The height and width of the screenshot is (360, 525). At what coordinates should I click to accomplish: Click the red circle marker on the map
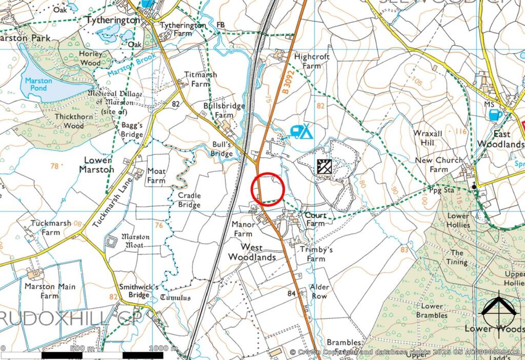click(x=267, y=189)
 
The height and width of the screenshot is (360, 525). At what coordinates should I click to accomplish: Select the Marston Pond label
click(x=38, y=85)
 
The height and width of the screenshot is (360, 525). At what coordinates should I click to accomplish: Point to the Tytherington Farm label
click(x=183, y=29)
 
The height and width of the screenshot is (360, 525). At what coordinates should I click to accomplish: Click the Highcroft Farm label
click(x=312, y=61)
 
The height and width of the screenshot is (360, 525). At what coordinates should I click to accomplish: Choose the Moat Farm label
click(x=156, y=175)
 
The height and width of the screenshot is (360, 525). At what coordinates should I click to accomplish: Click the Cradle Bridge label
click(x=189, y=200)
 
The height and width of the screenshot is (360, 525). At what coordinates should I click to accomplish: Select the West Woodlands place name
click(x=252, y=252)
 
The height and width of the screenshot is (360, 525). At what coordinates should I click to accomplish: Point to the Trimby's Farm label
click(x=316, y=254)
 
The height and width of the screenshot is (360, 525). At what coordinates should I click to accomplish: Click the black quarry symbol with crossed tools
click(x=325, y=167)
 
